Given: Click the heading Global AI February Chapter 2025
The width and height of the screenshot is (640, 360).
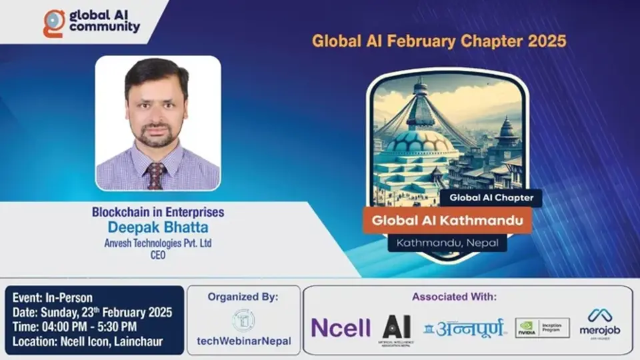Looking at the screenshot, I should (x=439, y=41).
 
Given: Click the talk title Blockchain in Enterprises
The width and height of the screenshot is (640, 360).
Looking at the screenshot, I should (x=158, y=213).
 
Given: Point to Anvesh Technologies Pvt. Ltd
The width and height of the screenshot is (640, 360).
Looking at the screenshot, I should (x=158, y=243).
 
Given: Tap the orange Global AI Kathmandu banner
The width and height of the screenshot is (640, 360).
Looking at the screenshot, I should (x=447, y=220).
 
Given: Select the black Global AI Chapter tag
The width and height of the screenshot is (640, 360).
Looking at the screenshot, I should (x=491, y=197).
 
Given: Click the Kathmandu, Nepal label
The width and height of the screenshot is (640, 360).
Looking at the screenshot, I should (x=447, y=243).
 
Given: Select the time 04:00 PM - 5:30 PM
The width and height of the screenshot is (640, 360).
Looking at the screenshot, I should (x=73, y=326).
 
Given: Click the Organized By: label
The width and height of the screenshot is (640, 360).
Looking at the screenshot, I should (x=243, y=297).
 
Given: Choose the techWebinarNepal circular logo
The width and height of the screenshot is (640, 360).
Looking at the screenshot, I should (x=243, y=320).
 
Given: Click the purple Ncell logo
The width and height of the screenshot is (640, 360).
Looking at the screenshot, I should (x=341, y=327).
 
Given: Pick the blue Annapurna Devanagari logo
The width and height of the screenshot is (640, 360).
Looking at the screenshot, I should (x=465, y=327).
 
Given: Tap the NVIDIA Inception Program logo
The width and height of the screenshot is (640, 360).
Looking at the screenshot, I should (x=542, y=327).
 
